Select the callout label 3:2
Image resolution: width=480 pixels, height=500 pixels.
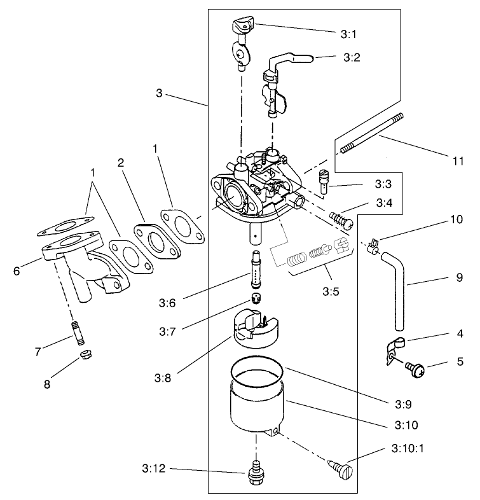(x=352, y=57)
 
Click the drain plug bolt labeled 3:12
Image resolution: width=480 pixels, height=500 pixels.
(x=257, y=471)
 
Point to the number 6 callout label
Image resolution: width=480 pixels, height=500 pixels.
(x=17, y=270)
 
